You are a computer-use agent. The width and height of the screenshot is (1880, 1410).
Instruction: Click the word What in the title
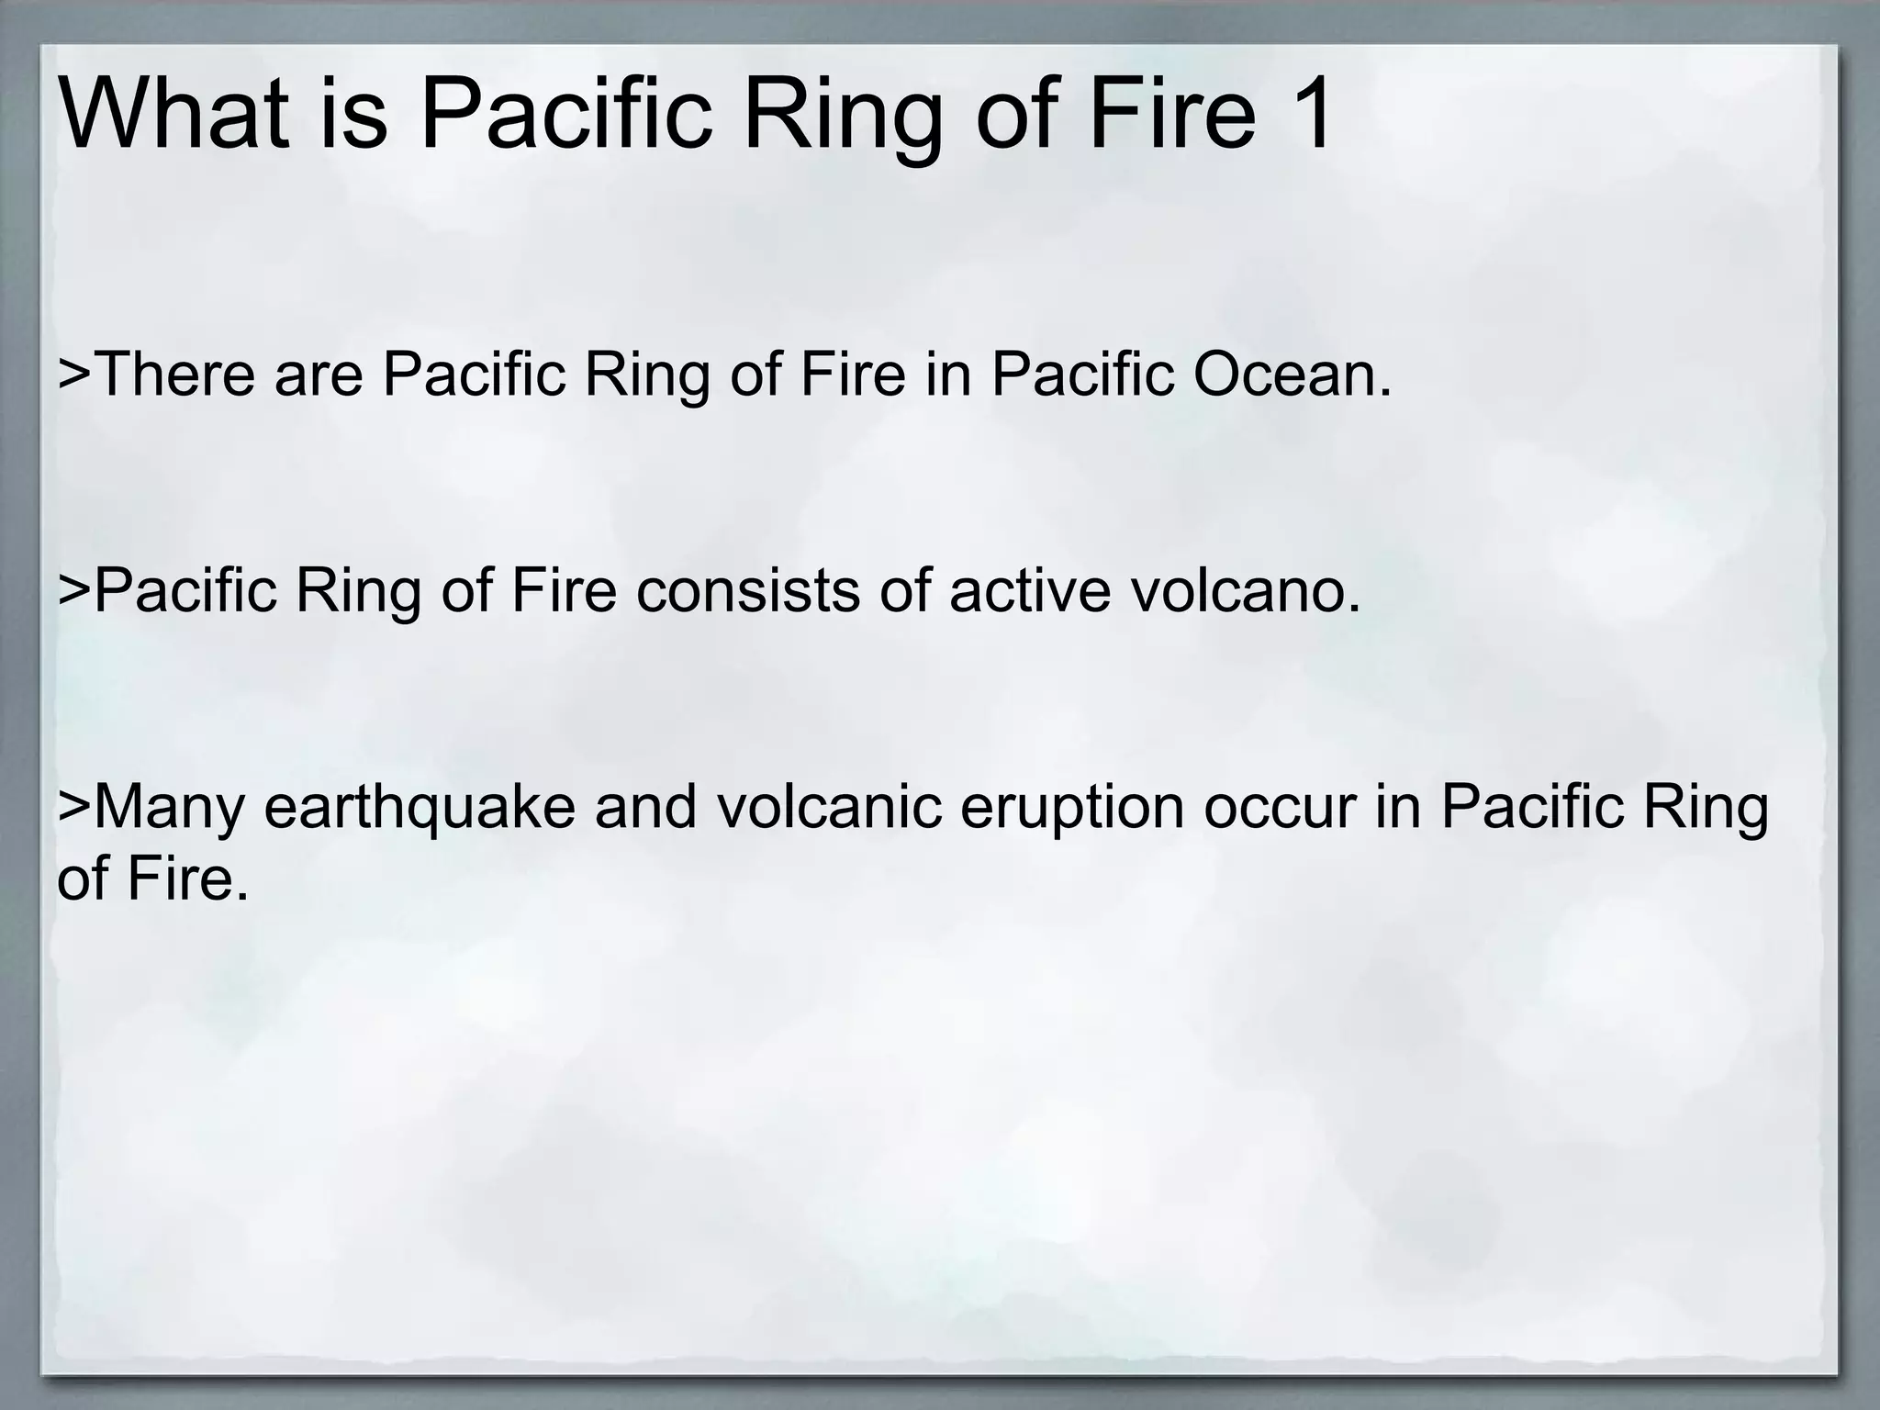173,115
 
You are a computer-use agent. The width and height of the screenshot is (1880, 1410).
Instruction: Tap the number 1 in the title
1308,115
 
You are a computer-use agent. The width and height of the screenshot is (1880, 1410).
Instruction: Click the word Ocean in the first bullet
1292,375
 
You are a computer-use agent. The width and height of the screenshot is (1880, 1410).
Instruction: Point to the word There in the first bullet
173,375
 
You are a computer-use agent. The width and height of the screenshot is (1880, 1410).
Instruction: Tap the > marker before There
74,375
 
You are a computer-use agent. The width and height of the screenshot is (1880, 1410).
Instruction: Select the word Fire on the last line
187,878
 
